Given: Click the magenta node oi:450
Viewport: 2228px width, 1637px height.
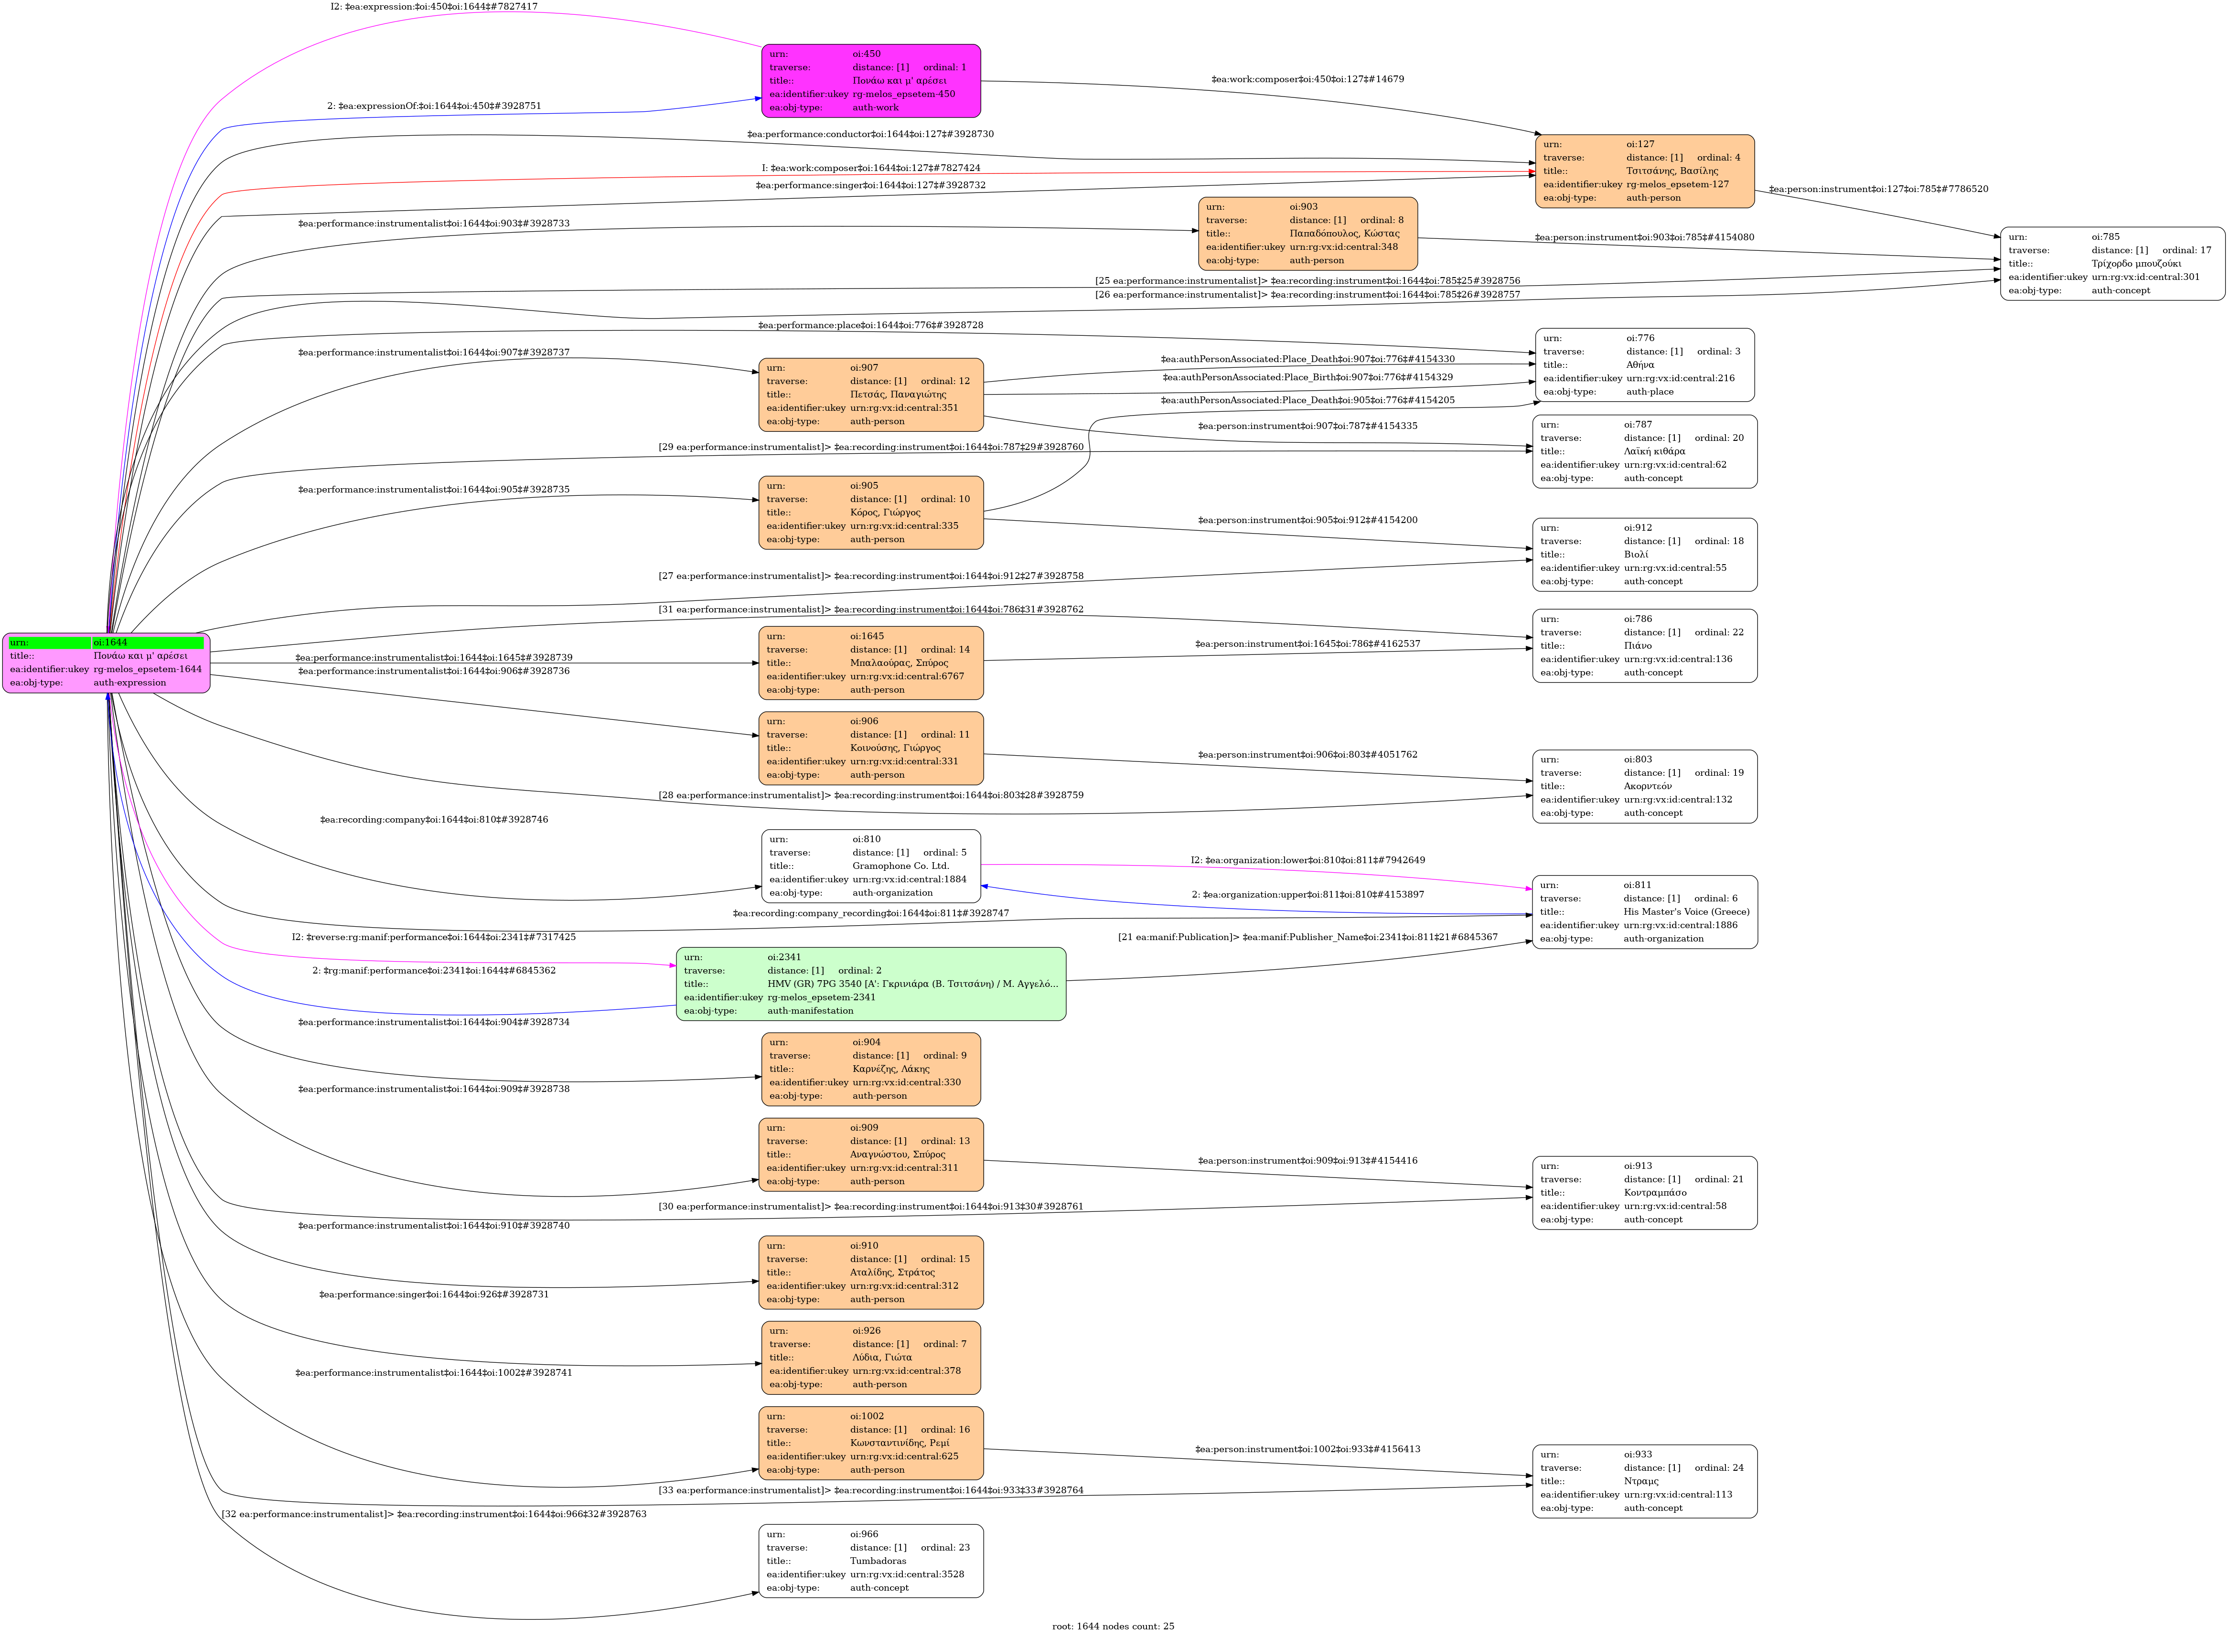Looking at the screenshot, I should click(x=870, y=80).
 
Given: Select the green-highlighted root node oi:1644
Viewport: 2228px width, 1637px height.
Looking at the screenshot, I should click(x=106, y=663).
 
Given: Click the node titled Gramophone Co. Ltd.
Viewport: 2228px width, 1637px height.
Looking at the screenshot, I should click(x=870, y=866).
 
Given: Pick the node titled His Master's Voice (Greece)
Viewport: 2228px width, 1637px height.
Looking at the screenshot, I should click(x=1644, y=911).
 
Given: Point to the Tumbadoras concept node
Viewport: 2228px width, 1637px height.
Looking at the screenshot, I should click(x=870, y=1561).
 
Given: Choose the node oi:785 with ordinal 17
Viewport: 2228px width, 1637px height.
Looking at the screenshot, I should click(x=2112, y=264).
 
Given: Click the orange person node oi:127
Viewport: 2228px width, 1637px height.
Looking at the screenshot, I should click(x=1644, y=171).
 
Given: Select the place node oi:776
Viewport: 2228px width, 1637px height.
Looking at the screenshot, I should click(x=1644, y=364).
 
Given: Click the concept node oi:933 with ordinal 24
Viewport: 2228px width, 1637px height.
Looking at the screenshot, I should click(x=1644, y=1481).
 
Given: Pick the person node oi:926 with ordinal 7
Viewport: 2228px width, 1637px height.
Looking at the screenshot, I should click(x=870, y=1358).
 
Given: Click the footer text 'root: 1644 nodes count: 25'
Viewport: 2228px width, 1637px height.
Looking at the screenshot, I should click(x=1113, y=1626).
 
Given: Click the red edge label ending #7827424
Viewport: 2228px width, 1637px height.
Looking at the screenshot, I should click(x=870, y=169).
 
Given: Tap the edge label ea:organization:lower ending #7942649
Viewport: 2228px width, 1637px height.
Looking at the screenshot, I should click(x=1307, y=860).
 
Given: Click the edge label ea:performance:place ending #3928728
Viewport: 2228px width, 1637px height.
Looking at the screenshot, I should click(x=870, y=325).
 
